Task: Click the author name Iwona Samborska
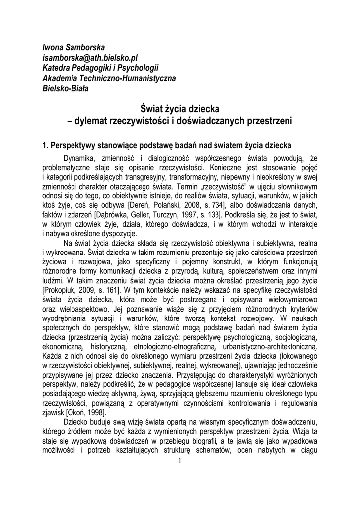click(73, 48)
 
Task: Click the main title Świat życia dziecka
click(180, 108)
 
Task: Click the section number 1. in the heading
click(45, 145)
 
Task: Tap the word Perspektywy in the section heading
click(74, 145)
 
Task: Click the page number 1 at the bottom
click(180, 461)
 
